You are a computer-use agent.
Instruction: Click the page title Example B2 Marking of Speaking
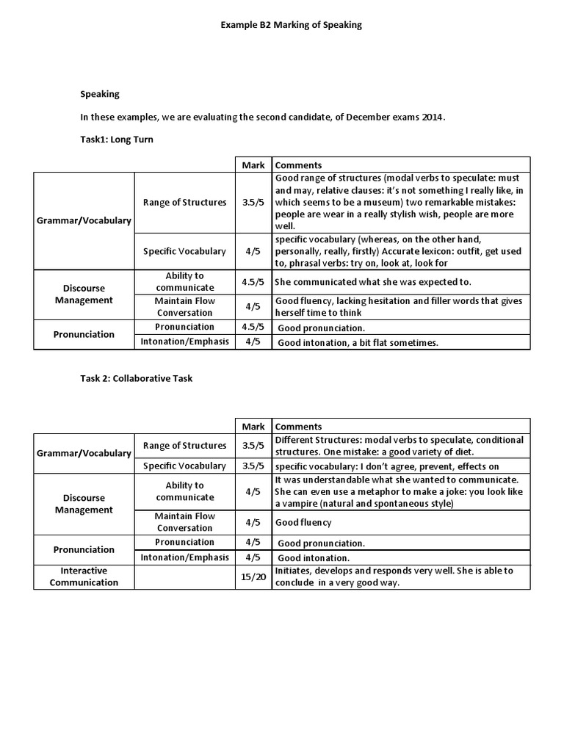(291, 25)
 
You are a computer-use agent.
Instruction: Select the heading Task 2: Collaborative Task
(137, 379)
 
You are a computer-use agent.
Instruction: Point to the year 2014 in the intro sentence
(433, 117)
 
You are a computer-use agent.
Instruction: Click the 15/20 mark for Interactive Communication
(253, 577)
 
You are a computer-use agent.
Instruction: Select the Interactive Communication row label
(84, 576)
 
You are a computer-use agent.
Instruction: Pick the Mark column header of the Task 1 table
(253, 165)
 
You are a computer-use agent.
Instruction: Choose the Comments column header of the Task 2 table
(298, 427)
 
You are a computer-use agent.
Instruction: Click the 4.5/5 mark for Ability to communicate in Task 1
(253, 281)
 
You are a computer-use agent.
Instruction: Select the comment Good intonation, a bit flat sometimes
(358, 342)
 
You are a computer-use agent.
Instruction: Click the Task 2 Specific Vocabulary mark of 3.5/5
(253, 466)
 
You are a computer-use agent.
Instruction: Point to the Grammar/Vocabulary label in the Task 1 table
(84, 220)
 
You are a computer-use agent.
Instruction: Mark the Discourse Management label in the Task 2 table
(84, 504)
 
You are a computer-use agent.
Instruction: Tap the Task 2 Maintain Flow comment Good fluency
(303, 523)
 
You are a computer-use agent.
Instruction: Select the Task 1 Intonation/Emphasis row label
(185, 341)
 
